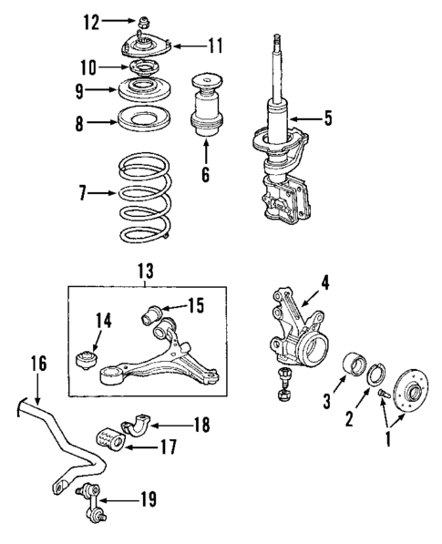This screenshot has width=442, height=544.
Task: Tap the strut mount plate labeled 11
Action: pyautogui.click(x=147, y=45)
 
